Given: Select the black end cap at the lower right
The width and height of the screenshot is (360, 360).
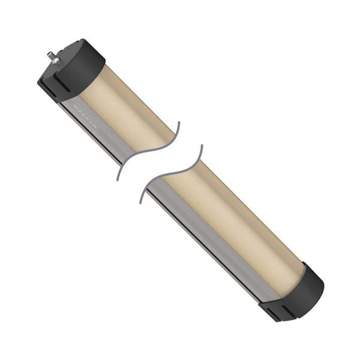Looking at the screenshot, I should (297, 294).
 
